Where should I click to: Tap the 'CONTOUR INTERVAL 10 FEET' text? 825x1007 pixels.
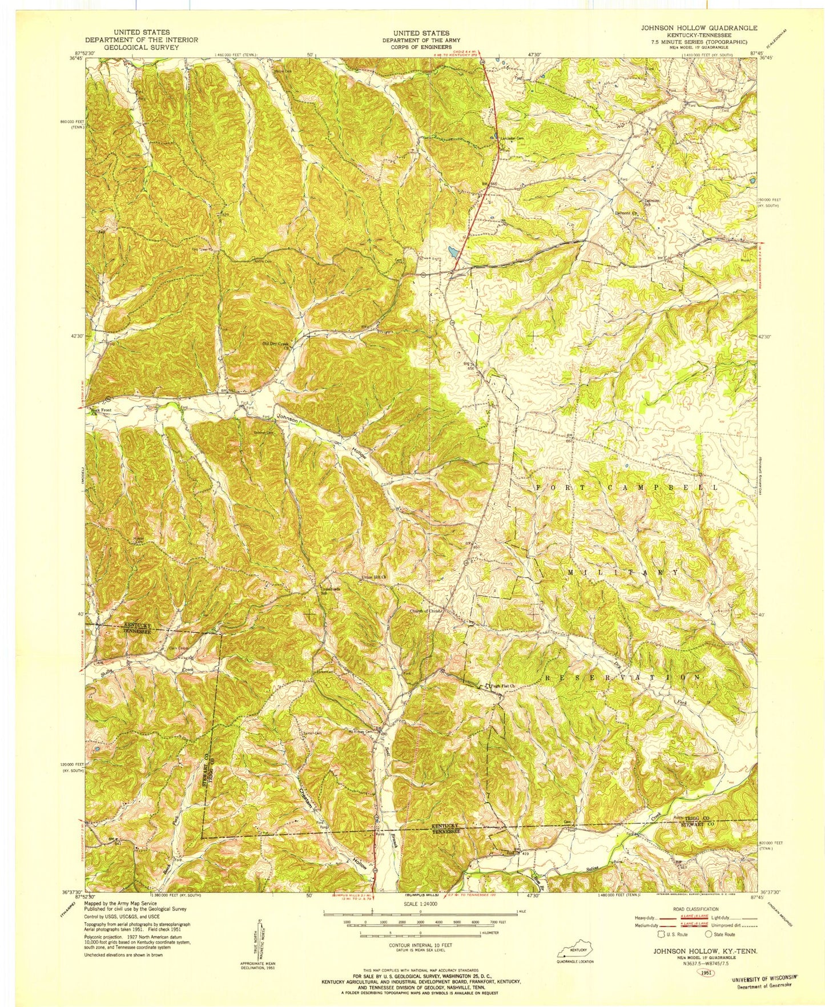pyautogui.click(x=420, y=945)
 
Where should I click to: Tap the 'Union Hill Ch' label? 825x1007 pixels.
pyautogui.click(x=375, y=578)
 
